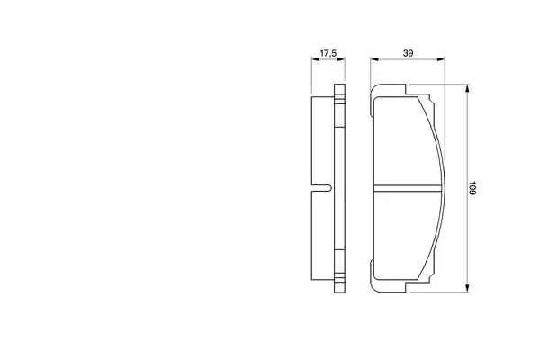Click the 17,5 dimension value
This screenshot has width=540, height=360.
coord(328,53)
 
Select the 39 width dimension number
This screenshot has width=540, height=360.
coord(408,53)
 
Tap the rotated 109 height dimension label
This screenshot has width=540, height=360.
coord(472,188)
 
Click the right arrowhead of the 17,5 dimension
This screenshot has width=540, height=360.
coord(341,59)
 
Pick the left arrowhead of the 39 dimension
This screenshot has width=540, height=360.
coord(374,59)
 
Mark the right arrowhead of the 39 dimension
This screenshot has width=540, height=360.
coord(441,59)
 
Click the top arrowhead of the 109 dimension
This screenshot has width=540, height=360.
coord(467,88)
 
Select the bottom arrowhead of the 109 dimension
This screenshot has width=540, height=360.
coord(467,288)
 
